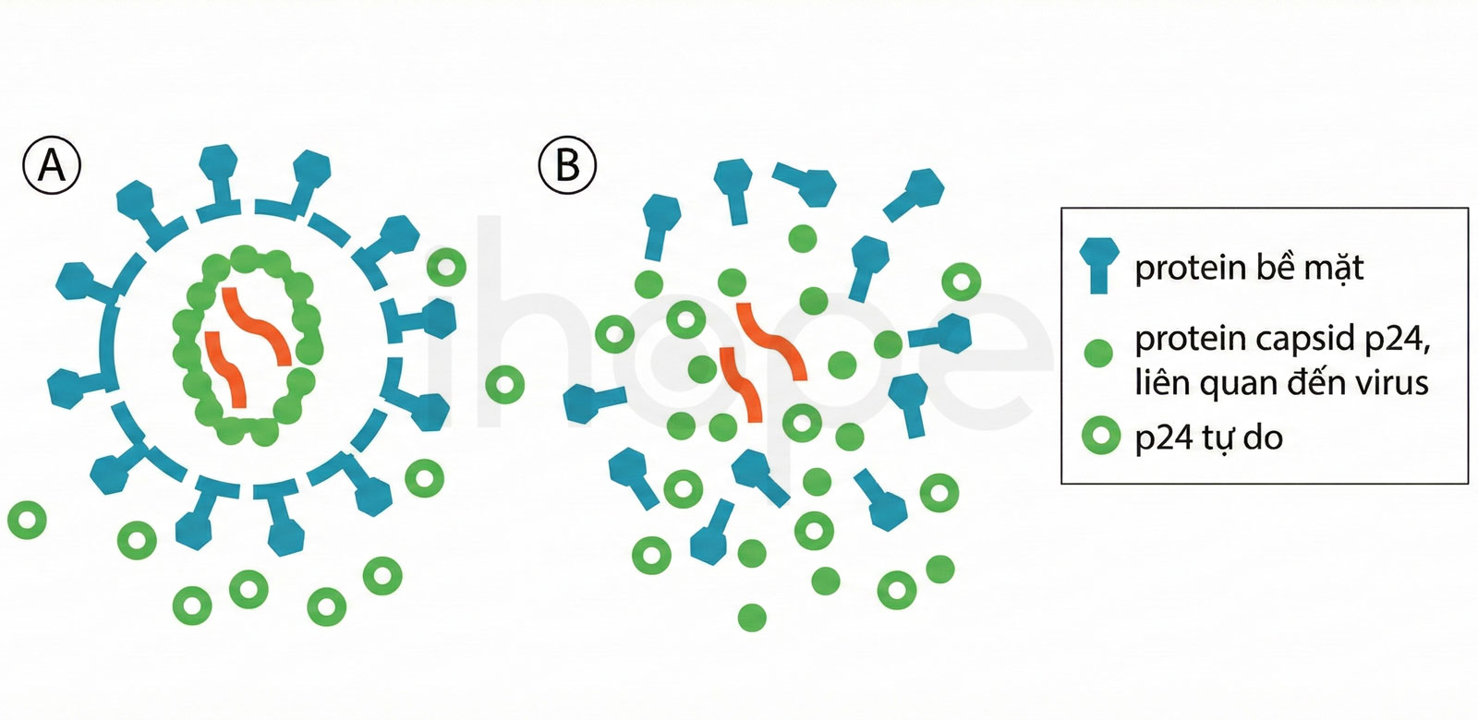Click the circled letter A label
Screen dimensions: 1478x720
click(52, 165)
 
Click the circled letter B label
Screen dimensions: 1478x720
click(567, 165)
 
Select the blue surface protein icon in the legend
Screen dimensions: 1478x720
click(1098, 265)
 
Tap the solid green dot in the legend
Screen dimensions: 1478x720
click(1098, 354)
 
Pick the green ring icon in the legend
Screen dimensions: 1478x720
click(1101, 436)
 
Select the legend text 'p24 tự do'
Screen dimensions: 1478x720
click(1209, 438)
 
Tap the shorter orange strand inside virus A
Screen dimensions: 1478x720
click(225, 369)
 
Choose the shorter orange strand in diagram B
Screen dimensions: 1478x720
click(741, 384)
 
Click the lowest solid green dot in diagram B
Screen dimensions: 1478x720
click(752, 618)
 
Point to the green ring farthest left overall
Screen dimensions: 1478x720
click(27, 521)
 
